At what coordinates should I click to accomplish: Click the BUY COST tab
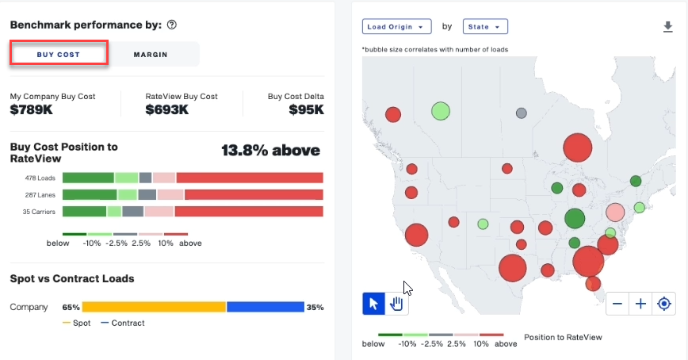(x=58, y=54)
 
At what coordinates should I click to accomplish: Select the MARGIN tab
(x=150, y=54)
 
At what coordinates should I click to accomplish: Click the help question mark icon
(x=172, y=25)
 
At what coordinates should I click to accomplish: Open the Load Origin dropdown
(x=397, y=27)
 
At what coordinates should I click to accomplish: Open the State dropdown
(x=484, y=27)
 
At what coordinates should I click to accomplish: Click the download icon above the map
(x=667, y=27)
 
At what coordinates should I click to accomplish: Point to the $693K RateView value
(x=166, y=110)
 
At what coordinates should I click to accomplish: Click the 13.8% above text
(x=270, y=150)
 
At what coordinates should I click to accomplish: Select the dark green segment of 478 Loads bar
(x=88, y=178)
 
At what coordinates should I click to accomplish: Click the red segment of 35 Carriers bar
(x=248, y=211)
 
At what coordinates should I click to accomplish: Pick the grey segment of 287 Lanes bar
(x=147, y=194)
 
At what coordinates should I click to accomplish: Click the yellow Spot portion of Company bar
(x=154, y=307)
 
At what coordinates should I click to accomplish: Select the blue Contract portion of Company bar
(x=266, y=307)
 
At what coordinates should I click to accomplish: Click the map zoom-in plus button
(x=640, y=304)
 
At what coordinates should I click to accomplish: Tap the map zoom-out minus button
(x=617, y=304)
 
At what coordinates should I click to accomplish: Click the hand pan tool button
(x=397, y=304)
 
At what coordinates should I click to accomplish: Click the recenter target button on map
(x=664, y=304)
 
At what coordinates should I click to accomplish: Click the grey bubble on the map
(x=521, y=113)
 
